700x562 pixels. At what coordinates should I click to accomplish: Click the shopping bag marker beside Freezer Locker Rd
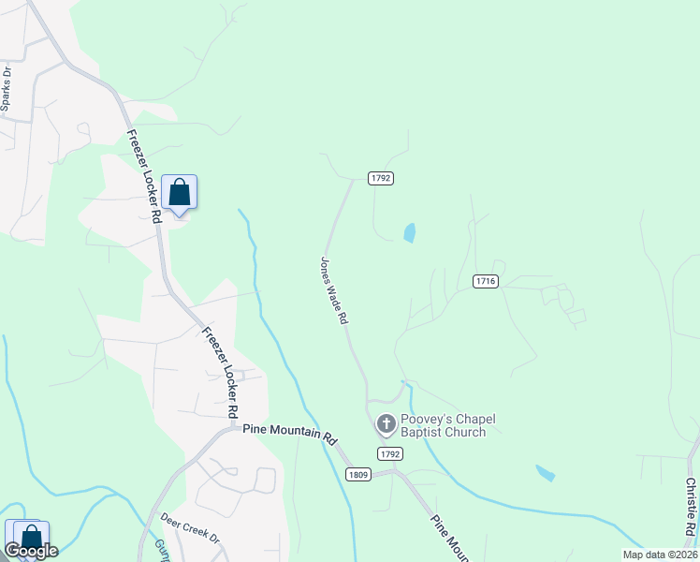pyautogui.click(x=179, y=193)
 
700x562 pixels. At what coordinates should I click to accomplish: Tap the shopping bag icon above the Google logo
pyautogui.click(x=31, y=537)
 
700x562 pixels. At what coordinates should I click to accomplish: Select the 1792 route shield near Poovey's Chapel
pyautogui.click(x=390, y=453)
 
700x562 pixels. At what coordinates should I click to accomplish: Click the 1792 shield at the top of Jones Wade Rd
pyautogui.click(x=379, y=177)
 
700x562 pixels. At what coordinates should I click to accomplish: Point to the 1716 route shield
pyautogui.click(x=485, y=281)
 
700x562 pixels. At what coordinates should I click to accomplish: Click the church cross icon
pyautogui.click(x=386, y=425)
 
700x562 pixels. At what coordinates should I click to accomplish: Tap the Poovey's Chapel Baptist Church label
pyautogui.click(x=443, y=425)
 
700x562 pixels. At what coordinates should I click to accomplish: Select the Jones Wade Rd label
pyautogui.click(x=334, y=290)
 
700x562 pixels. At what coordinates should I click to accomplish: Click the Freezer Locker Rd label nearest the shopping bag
pyautogui.click(x=144, y=174)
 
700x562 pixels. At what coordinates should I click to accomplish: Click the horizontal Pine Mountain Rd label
pyautogui.click(x=288, y=434)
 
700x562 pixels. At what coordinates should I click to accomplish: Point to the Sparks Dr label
pyautogui.click(x=7, y=89)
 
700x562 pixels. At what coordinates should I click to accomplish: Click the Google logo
pyautogui.click(x=32, y=551)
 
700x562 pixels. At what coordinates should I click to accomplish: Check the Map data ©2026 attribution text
pyautogui.click(x=660, y=555)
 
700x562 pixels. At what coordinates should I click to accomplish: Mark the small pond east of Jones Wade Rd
pyautogui.click(x=409, y=233)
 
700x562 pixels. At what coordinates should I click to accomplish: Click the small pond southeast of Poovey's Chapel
pyautogui.click(x=545, y=473)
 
